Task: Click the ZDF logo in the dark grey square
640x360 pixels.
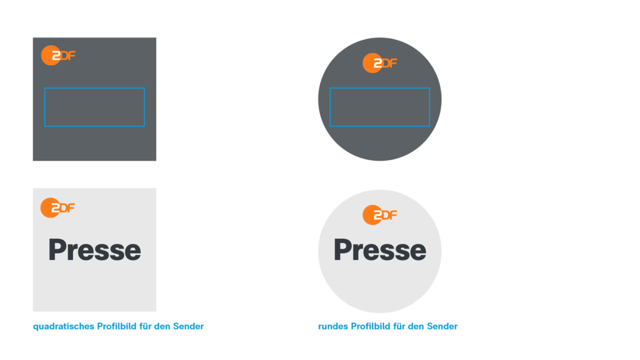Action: [x=57, y=56]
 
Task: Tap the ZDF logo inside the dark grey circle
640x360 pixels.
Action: [x=379, y=63]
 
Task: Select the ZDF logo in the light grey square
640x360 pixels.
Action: [x=57, y=207]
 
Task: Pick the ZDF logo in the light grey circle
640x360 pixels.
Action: [x=379, y=215]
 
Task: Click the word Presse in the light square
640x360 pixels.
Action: [x=94, y=250]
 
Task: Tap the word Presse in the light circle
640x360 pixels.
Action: [x=379, y=250]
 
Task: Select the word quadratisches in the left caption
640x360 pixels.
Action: [x=62, y=326]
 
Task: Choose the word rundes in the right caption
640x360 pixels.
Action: [x=332, y=326]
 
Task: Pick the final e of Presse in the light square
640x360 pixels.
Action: [x=132, y=251]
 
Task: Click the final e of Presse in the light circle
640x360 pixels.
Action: [x=417, y=251]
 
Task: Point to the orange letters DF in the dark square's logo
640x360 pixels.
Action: [x=67, y=56]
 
